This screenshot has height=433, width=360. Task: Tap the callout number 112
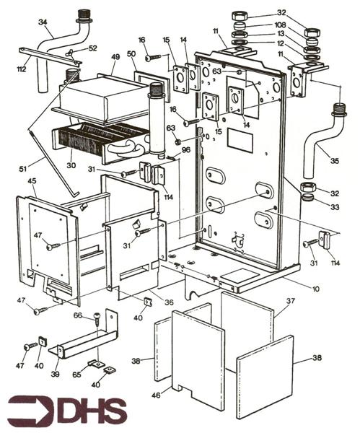pos(22,69)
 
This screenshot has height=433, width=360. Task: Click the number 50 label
pos(131,54)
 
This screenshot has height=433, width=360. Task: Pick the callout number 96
pos(185,149)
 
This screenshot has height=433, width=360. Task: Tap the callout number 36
pos(168,302)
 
